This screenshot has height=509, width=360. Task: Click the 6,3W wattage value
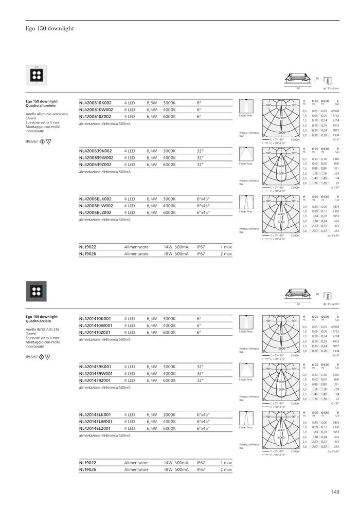click(x=152, y=103)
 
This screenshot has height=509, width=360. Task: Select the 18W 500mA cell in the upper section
click(x=176, y=254)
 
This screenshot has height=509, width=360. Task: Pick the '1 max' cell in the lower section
click(x=226, y=463)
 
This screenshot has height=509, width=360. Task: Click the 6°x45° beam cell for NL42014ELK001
click(x=203, y=414)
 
